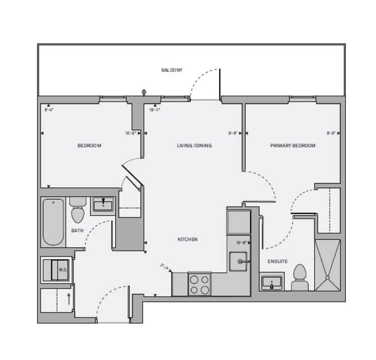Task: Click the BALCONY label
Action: (x=172, y=70)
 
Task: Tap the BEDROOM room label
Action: (x=89, y=146)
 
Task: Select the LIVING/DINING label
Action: (x=194, y=146)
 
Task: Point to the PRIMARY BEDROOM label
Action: (x=293, y=146)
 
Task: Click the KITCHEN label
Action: (x=187, y=239)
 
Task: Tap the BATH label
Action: (x=78, y=230)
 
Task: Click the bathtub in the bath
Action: (x=53, y=221)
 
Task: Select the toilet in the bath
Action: (x=78, y=211)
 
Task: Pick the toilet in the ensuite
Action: (x=300, y=277)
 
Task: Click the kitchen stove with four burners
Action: (x=199, y=284)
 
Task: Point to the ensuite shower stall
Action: (x=327, y=265)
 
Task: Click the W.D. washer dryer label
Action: (x=62, y=269)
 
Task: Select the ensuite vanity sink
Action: (x=272, y=283)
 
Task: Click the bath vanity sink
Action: (x=102, y=205)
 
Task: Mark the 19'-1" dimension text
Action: (x=155, y=111)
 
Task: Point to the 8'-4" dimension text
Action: (x=49, y=111)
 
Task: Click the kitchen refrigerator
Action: (x=239, y=221)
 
